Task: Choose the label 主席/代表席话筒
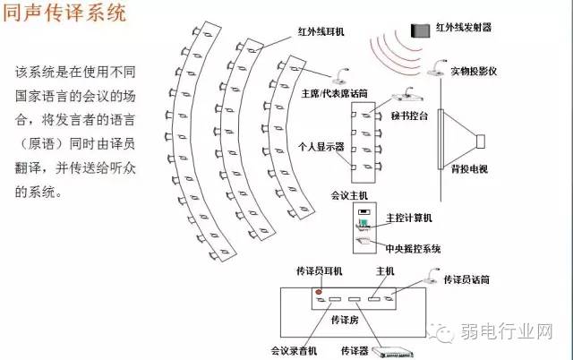[x=327, y=91]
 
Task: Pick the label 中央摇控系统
[x=412, y=248]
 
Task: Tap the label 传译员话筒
[x=466, y=279]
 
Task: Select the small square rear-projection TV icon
[x=480, y=141]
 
